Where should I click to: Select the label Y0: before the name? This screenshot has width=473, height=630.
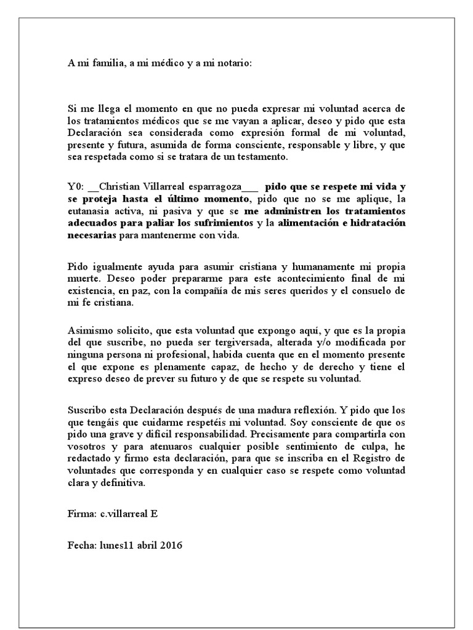[76, 186]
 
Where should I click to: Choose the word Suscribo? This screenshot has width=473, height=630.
[87, 410]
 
